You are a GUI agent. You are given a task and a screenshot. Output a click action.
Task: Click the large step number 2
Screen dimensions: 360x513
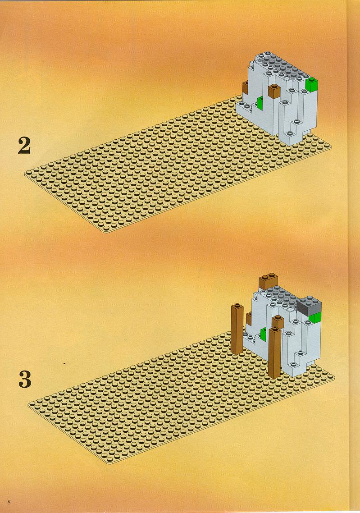pyautogui.click(x=24, y=146)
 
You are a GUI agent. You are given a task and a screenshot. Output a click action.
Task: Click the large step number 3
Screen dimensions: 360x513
pyautogui.click(x=25, y=379)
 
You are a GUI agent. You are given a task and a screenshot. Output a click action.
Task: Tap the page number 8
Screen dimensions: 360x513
pyautogui.click(x=9, y=502)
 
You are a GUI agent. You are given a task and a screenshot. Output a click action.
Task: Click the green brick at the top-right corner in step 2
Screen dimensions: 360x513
pyautogui.click(x=312, y=84)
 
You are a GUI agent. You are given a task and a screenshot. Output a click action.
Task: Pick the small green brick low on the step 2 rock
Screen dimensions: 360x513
pyautogui.click(x=260, y=103)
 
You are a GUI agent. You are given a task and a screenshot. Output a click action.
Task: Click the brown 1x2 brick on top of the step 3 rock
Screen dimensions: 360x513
pyautogui.click(x=269, y=281)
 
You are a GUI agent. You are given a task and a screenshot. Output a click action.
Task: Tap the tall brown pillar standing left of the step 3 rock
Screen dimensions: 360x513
pyautogui.click(x=237, y=330)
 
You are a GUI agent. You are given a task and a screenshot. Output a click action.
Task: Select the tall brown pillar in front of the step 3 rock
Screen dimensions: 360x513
pyautogui.click(x=275, y=353)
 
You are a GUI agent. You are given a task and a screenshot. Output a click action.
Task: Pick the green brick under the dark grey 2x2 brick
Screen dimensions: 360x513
pyautogui.click(x=315, y=317)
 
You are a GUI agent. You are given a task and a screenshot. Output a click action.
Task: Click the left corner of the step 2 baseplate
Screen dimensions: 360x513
pyautogui.click(x=25, y=174)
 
